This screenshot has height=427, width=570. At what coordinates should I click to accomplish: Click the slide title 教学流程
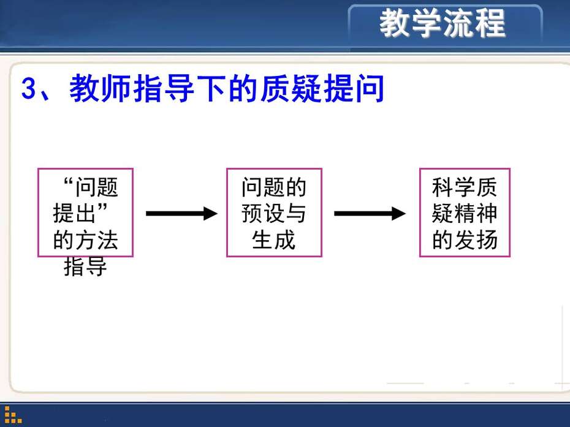[442, 23]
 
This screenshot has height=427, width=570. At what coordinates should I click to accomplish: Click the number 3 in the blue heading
[29, 88]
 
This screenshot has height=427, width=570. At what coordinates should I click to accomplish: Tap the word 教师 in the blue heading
[100, 88]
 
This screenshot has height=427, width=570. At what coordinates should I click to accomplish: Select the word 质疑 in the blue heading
[290, 88]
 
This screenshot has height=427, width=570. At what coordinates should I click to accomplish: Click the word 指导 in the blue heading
[164, 88]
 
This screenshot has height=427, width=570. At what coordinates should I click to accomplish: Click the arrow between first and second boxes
[182, 213]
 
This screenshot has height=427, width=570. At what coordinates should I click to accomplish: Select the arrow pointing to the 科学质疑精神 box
[370, 213]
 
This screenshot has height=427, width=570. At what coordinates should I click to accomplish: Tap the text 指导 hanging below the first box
[85, 266]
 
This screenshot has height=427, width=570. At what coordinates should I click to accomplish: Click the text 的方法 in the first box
[85, 240]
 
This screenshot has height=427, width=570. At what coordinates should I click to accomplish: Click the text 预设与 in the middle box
[274, 213]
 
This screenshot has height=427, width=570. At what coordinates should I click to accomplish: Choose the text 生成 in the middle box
[274, 240]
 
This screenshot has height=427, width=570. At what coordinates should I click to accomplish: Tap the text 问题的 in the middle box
[274, 187]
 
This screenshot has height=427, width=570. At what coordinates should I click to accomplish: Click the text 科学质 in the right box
[465, 187]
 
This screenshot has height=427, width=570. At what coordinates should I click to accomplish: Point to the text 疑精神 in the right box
[465, 213]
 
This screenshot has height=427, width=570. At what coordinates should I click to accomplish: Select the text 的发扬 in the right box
[465, 240]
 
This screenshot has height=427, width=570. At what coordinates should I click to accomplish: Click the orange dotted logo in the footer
[13, 415]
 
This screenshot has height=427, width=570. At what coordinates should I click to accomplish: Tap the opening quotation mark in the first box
[68, 181]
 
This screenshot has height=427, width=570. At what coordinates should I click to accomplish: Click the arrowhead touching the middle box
[211, 213]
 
